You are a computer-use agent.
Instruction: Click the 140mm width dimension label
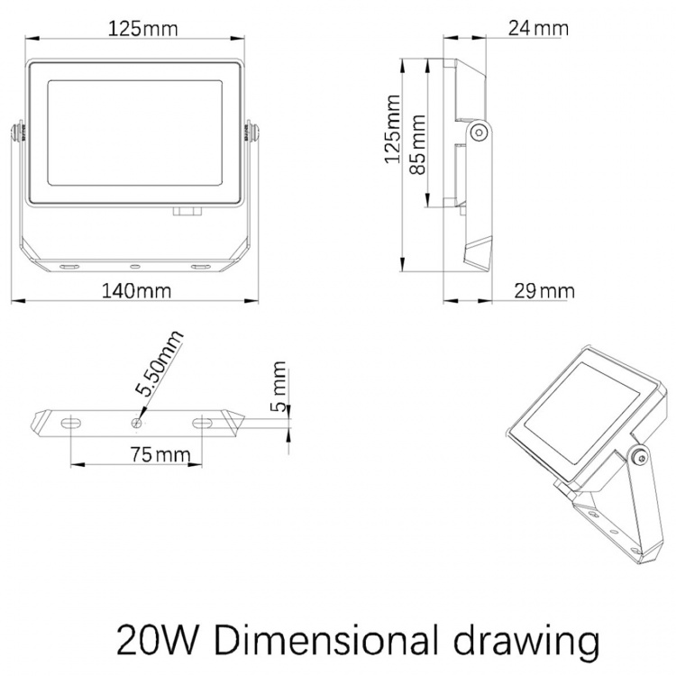click(136, 291)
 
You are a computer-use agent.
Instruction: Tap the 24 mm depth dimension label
click(538, 29)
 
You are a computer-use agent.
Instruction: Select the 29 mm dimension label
click(544, 291)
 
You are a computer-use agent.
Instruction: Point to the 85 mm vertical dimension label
click(417, 144)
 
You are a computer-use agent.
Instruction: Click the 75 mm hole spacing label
click(160, 454)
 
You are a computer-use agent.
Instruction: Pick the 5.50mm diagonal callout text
click(159, 363)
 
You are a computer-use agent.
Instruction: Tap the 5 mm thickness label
click(279, 387)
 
